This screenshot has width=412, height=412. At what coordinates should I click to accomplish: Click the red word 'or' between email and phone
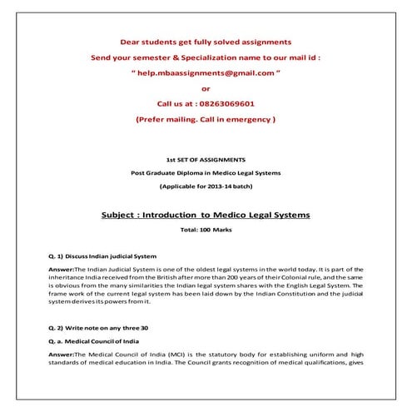(x=206, y=88)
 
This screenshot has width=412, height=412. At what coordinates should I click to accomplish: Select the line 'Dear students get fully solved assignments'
(x=206, y=41)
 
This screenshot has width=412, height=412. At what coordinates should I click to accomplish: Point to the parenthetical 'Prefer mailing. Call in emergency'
(x=206, y=120)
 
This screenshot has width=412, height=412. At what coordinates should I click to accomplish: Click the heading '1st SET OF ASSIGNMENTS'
(x=206, y=159)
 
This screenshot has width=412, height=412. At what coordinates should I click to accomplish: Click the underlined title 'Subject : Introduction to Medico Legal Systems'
(x=206, y=214)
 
